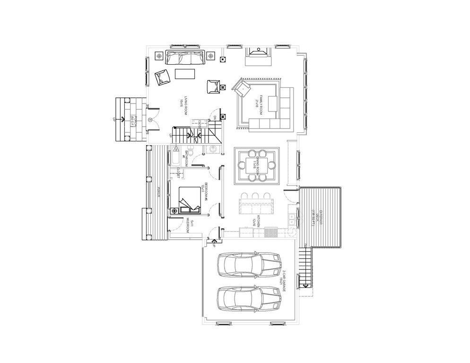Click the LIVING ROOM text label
pyautogui.click(x=181, y=105)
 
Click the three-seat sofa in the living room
pyautogui.click(x=184, y=58)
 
